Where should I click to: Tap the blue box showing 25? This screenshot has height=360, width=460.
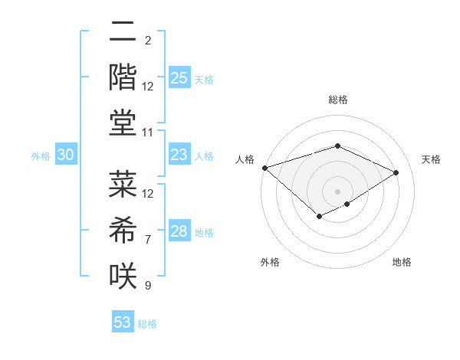179,77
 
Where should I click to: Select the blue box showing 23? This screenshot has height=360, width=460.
179,155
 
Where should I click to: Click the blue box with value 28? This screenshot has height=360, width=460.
179,231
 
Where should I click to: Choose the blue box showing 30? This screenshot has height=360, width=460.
66,155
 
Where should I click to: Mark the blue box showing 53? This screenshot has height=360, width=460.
123,322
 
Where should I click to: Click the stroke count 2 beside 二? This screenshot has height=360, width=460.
148,40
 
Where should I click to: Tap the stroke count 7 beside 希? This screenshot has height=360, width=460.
148,240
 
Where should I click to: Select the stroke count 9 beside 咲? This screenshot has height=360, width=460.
148,286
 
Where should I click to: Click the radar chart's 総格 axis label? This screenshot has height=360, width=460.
337,100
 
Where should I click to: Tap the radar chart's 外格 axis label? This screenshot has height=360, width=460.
270,262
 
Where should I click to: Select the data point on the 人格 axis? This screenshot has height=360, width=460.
264,168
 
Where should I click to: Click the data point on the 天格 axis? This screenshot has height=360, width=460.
396,173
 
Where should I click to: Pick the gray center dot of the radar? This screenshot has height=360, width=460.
337,191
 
